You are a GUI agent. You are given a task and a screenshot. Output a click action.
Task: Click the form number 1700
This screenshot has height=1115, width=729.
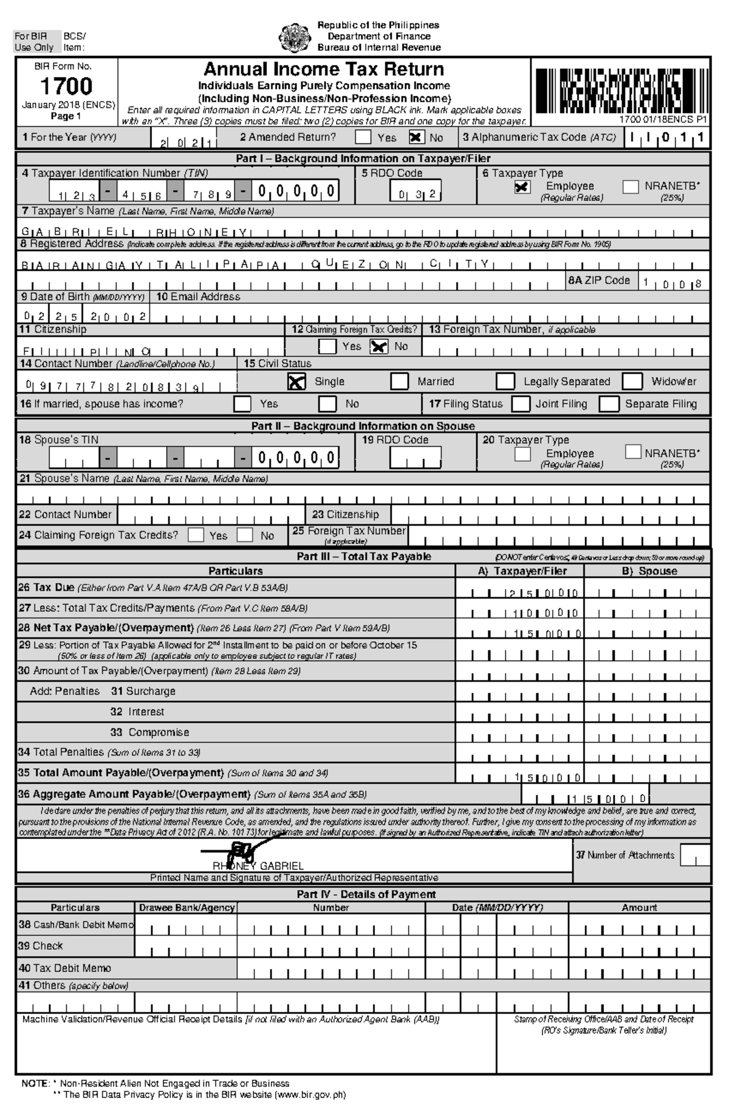(66, 86)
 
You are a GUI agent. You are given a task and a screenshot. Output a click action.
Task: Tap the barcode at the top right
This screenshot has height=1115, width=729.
(620, 91)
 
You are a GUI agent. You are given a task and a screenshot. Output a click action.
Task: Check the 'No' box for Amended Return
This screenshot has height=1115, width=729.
(416, 137)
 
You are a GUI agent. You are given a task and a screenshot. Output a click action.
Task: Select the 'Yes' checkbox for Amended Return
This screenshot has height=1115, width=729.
(363, 137)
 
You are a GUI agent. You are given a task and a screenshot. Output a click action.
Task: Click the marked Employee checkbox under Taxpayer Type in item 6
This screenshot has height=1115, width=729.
(522, 187)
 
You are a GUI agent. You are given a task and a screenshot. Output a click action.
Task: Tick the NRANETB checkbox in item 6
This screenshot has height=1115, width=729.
(631, 187)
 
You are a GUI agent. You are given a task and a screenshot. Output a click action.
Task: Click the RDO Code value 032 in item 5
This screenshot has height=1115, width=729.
(417, 194)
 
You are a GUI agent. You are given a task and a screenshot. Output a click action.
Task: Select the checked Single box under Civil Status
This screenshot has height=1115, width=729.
(296, 382)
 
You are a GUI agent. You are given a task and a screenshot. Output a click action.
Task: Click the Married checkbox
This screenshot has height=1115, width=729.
(399, 382)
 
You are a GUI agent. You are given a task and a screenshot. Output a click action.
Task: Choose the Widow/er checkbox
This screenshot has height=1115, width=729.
(632, 382)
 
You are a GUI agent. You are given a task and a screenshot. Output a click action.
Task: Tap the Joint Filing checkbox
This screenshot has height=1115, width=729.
(521, 404)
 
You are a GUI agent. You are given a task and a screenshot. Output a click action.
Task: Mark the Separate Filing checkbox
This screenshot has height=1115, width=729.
(609, 404)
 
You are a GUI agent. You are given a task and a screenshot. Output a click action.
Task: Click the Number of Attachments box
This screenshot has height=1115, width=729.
(694, 855)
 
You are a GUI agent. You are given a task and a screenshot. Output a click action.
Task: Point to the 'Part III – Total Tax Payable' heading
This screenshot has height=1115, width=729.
(363, 556)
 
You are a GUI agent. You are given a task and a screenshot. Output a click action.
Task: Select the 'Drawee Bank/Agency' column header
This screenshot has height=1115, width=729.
(187, 907)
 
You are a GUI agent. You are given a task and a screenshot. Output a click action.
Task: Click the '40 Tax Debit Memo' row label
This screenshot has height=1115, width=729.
(65, 968)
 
